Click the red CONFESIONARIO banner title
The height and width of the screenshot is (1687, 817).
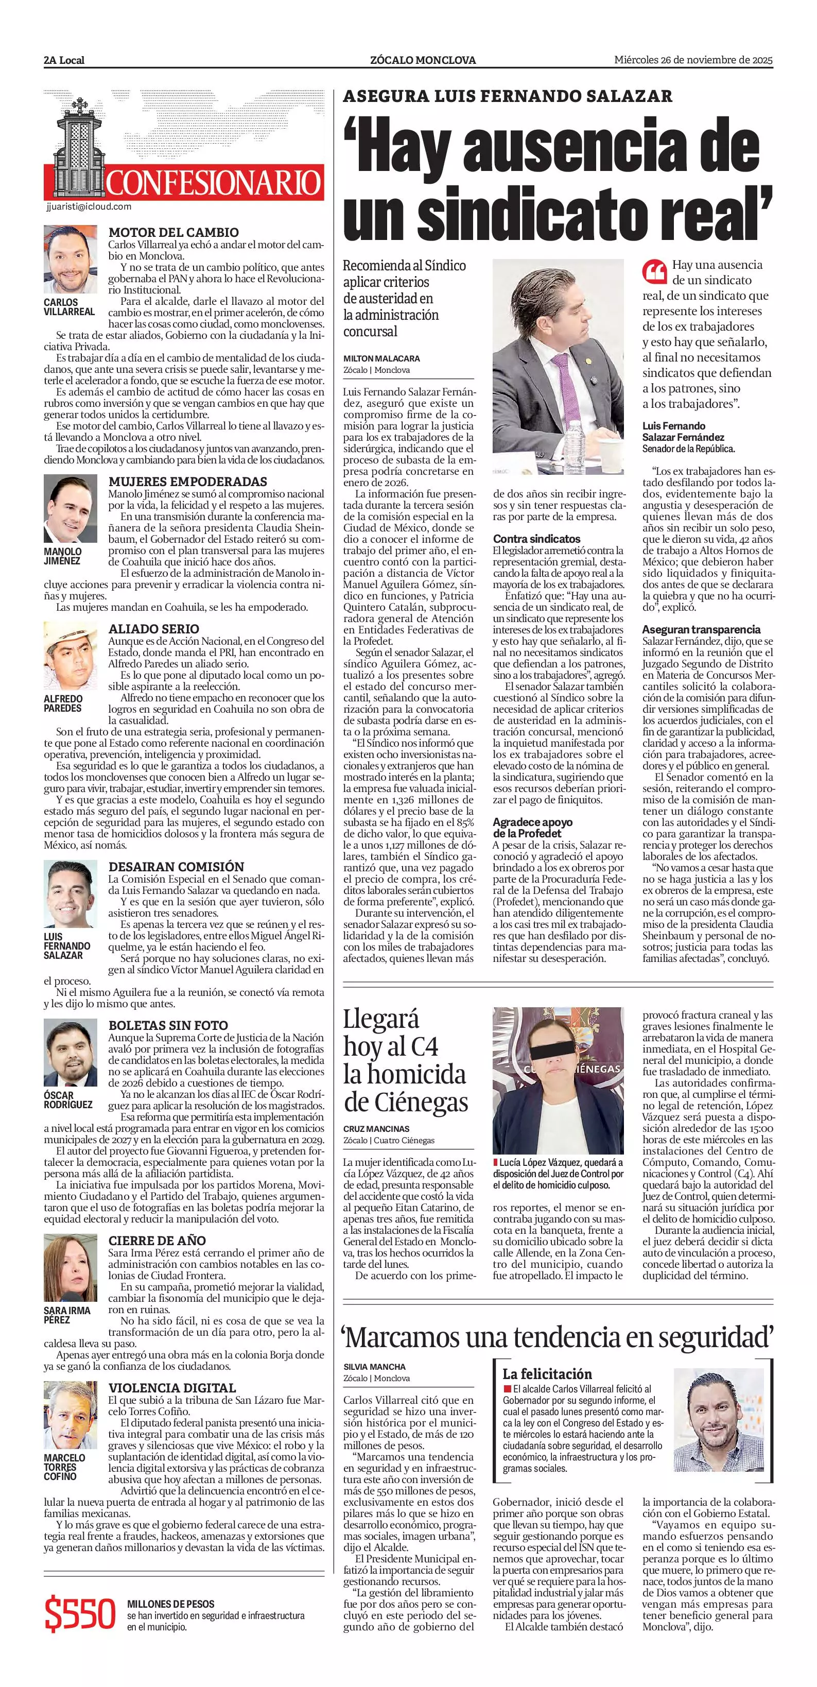(x=214, y=183)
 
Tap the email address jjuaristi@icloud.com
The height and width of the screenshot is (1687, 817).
(x=89, y=206)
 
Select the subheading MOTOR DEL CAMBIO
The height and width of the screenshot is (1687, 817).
(x=173, y=232)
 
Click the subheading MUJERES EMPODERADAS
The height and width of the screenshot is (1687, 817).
(x=188, y=481)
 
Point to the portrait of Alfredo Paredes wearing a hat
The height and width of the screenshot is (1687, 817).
(x=70, y=656)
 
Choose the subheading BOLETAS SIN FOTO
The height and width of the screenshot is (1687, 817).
(x=168, y=1025)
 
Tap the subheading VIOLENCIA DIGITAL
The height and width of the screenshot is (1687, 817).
(x=172, y=1387)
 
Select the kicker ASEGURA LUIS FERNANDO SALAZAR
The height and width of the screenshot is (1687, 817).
(x=508, y=96)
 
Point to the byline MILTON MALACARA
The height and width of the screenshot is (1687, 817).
(x=381, y=358)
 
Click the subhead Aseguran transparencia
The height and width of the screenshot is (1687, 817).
(x=701, y=629)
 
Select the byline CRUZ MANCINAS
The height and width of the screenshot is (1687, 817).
(x=376, y=1128)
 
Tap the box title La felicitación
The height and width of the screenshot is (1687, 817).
(x=547, y=1373)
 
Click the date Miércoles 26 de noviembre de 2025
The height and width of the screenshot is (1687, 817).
(x=693, y=60)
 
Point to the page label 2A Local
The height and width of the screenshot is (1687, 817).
(x=64, y=60)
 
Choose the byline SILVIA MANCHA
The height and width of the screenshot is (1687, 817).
(x=374, y=1367)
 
